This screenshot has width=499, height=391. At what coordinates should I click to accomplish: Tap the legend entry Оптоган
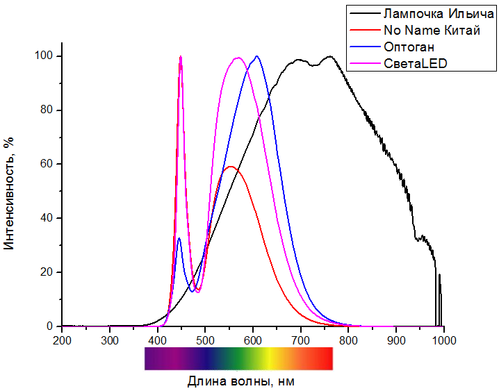409,47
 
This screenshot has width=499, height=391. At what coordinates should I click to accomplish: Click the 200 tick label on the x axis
62,340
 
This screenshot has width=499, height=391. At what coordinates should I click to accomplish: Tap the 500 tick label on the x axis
205,340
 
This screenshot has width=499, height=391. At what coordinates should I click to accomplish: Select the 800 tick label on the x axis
348,340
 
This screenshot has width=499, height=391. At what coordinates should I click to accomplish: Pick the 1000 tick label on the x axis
443,340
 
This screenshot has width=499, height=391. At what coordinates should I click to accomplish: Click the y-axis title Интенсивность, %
10,192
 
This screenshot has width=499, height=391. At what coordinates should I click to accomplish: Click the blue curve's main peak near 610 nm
257,56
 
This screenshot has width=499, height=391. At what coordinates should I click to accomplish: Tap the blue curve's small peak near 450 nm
179,238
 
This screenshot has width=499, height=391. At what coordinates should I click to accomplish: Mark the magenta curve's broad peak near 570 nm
238,58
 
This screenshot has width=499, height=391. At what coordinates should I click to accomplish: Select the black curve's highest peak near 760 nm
329,56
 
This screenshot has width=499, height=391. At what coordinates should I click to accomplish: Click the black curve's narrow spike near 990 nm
439,275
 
